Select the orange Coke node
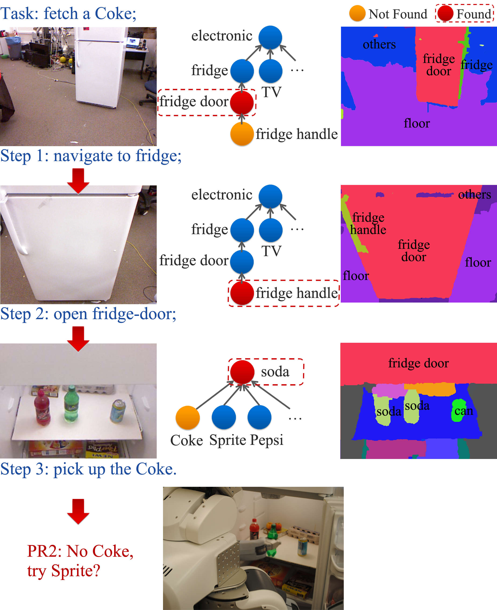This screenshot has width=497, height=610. (x=188, y=417)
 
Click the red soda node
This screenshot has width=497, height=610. (x=242, y=372)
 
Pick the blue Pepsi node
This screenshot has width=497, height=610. (x=259, y=417)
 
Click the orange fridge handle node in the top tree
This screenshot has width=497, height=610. (x=242, y=134)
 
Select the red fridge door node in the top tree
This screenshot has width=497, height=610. (x=242, y=102)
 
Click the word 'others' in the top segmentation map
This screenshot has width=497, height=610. (x=379, y=44)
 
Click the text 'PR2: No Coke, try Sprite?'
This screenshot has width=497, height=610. (x=80, y=560)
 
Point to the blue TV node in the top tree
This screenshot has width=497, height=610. (x=270, y=71)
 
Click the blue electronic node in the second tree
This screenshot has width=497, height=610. (x=270, y=197)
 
